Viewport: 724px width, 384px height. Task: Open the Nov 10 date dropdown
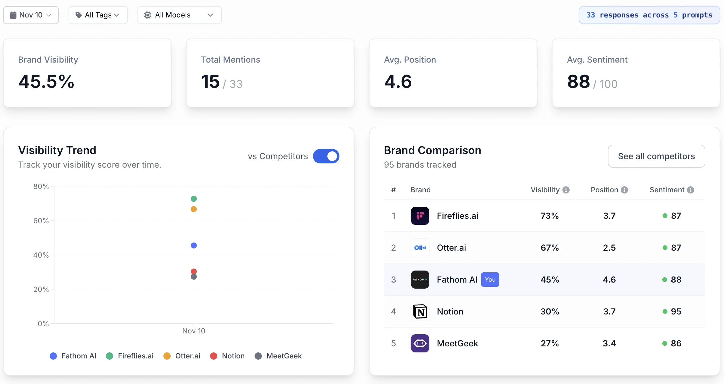coord(31,15)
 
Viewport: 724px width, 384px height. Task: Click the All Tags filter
coord(98,15)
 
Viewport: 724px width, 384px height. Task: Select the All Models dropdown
coord(179,15)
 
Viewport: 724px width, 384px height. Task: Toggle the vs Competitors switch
coord(326,156)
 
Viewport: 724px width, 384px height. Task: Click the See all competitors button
coord(656,156)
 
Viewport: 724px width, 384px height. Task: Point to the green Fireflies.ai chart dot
coord(194,199)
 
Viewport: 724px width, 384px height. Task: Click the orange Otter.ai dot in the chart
coord(194,209)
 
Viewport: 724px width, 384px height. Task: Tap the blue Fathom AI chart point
coord(194,246)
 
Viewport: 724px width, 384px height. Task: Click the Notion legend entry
coord(227,356)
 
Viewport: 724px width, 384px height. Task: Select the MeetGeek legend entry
coord(278,356)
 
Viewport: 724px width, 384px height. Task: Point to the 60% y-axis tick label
coord(41,221)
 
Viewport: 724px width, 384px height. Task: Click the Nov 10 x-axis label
coord(193,331)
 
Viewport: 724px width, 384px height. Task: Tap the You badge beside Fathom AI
coord(490,280)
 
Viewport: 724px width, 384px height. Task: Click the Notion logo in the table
coord(420,311)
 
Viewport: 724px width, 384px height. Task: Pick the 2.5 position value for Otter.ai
coord(609,248)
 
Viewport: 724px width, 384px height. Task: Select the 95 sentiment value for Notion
coord(676,311)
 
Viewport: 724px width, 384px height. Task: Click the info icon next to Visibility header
coord(566,190)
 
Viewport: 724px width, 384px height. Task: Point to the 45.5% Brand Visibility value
coord(46,82)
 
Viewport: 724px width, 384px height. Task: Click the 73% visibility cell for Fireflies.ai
coord(549,216)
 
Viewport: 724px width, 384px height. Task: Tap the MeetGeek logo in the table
coord(420,343)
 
